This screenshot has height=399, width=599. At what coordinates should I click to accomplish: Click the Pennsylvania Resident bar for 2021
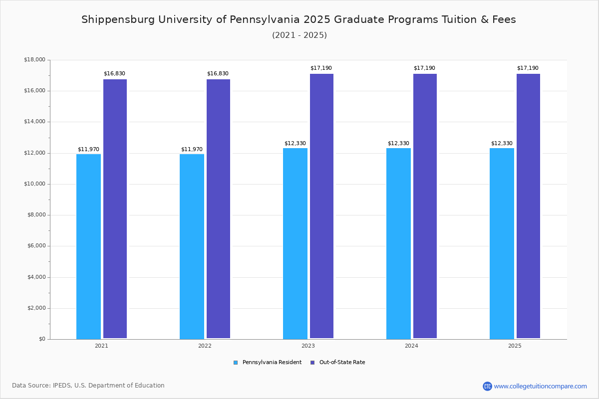coord(88,246)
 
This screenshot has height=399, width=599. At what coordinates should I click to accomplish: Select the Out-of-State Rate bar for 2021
coord(115,209)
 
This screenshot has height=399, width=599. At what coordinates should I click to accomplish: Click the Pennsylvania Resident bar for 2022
coord(192,246)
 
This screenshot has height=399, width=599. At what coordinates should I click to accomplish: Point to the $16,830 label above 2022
coord(218,74)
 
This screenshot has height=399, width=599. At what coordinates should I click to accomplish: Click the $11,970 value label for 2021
coord(88,150)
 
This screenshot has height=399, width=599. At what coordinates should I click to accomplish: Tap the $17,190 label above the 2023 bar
coord(321,68)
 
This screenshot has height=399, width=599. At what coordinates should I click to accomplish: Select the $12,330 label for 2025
coord(502,144)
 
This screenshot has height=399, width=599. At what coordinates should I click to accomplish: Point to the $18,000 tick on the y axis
coord(34,60)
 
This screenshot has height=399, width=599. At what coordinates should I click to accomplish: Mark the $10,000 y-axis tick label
coord(34,184)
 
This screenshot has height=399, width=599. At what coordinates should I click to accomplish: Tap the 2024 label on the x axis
coord(411,346)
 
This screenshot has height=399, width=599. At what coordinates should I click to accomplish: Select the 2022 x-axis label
coord(205,346)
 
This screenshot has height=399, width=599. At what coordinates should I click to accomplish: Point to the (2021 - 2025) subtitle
coord(299,35)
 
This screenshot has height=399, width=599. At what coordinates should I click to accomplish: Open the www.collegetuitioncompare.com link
coord(540,386)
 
